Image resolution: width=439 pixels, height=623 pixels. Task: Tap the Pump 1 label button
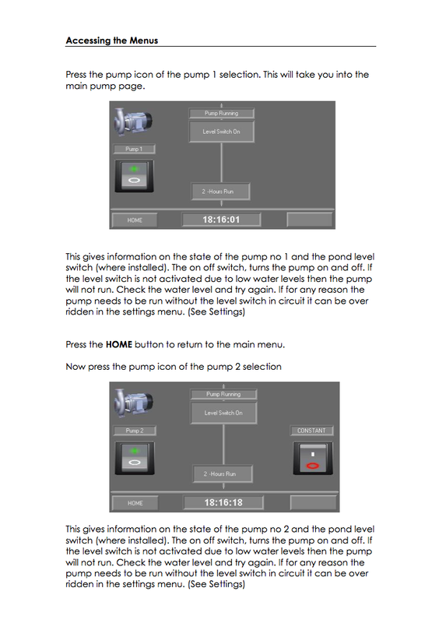point(134,149)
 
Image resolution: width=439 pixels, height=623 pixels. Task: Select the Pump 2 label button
point(134,431)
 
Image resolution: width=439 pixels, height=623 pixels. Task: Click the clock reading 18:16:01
point(222,220)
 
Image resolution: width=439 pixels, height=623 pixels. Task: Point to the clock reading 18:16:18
point(223,502)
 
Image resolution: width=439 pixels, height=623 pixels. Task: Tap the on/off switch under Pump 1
point(135,176)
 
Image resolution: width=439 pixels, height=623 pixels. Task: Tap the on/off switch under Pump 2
point(135,459)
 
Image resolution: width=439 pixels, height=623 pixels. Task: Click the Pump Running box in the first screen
point(222,113)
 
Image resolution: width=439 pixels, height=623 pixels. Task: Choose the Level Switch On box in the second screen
point(223,413)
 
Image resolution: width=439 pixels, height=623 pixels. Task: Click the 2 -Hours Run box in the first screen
point(222,190)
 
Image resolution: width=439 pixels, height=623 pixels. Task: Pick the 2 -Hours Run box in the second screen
point(223,473)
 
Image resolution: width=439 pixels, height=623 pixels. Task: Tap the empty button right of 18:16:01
point(309,220)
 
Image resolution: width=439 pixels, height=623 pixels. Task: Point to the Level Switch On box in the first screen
point(222,132)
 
